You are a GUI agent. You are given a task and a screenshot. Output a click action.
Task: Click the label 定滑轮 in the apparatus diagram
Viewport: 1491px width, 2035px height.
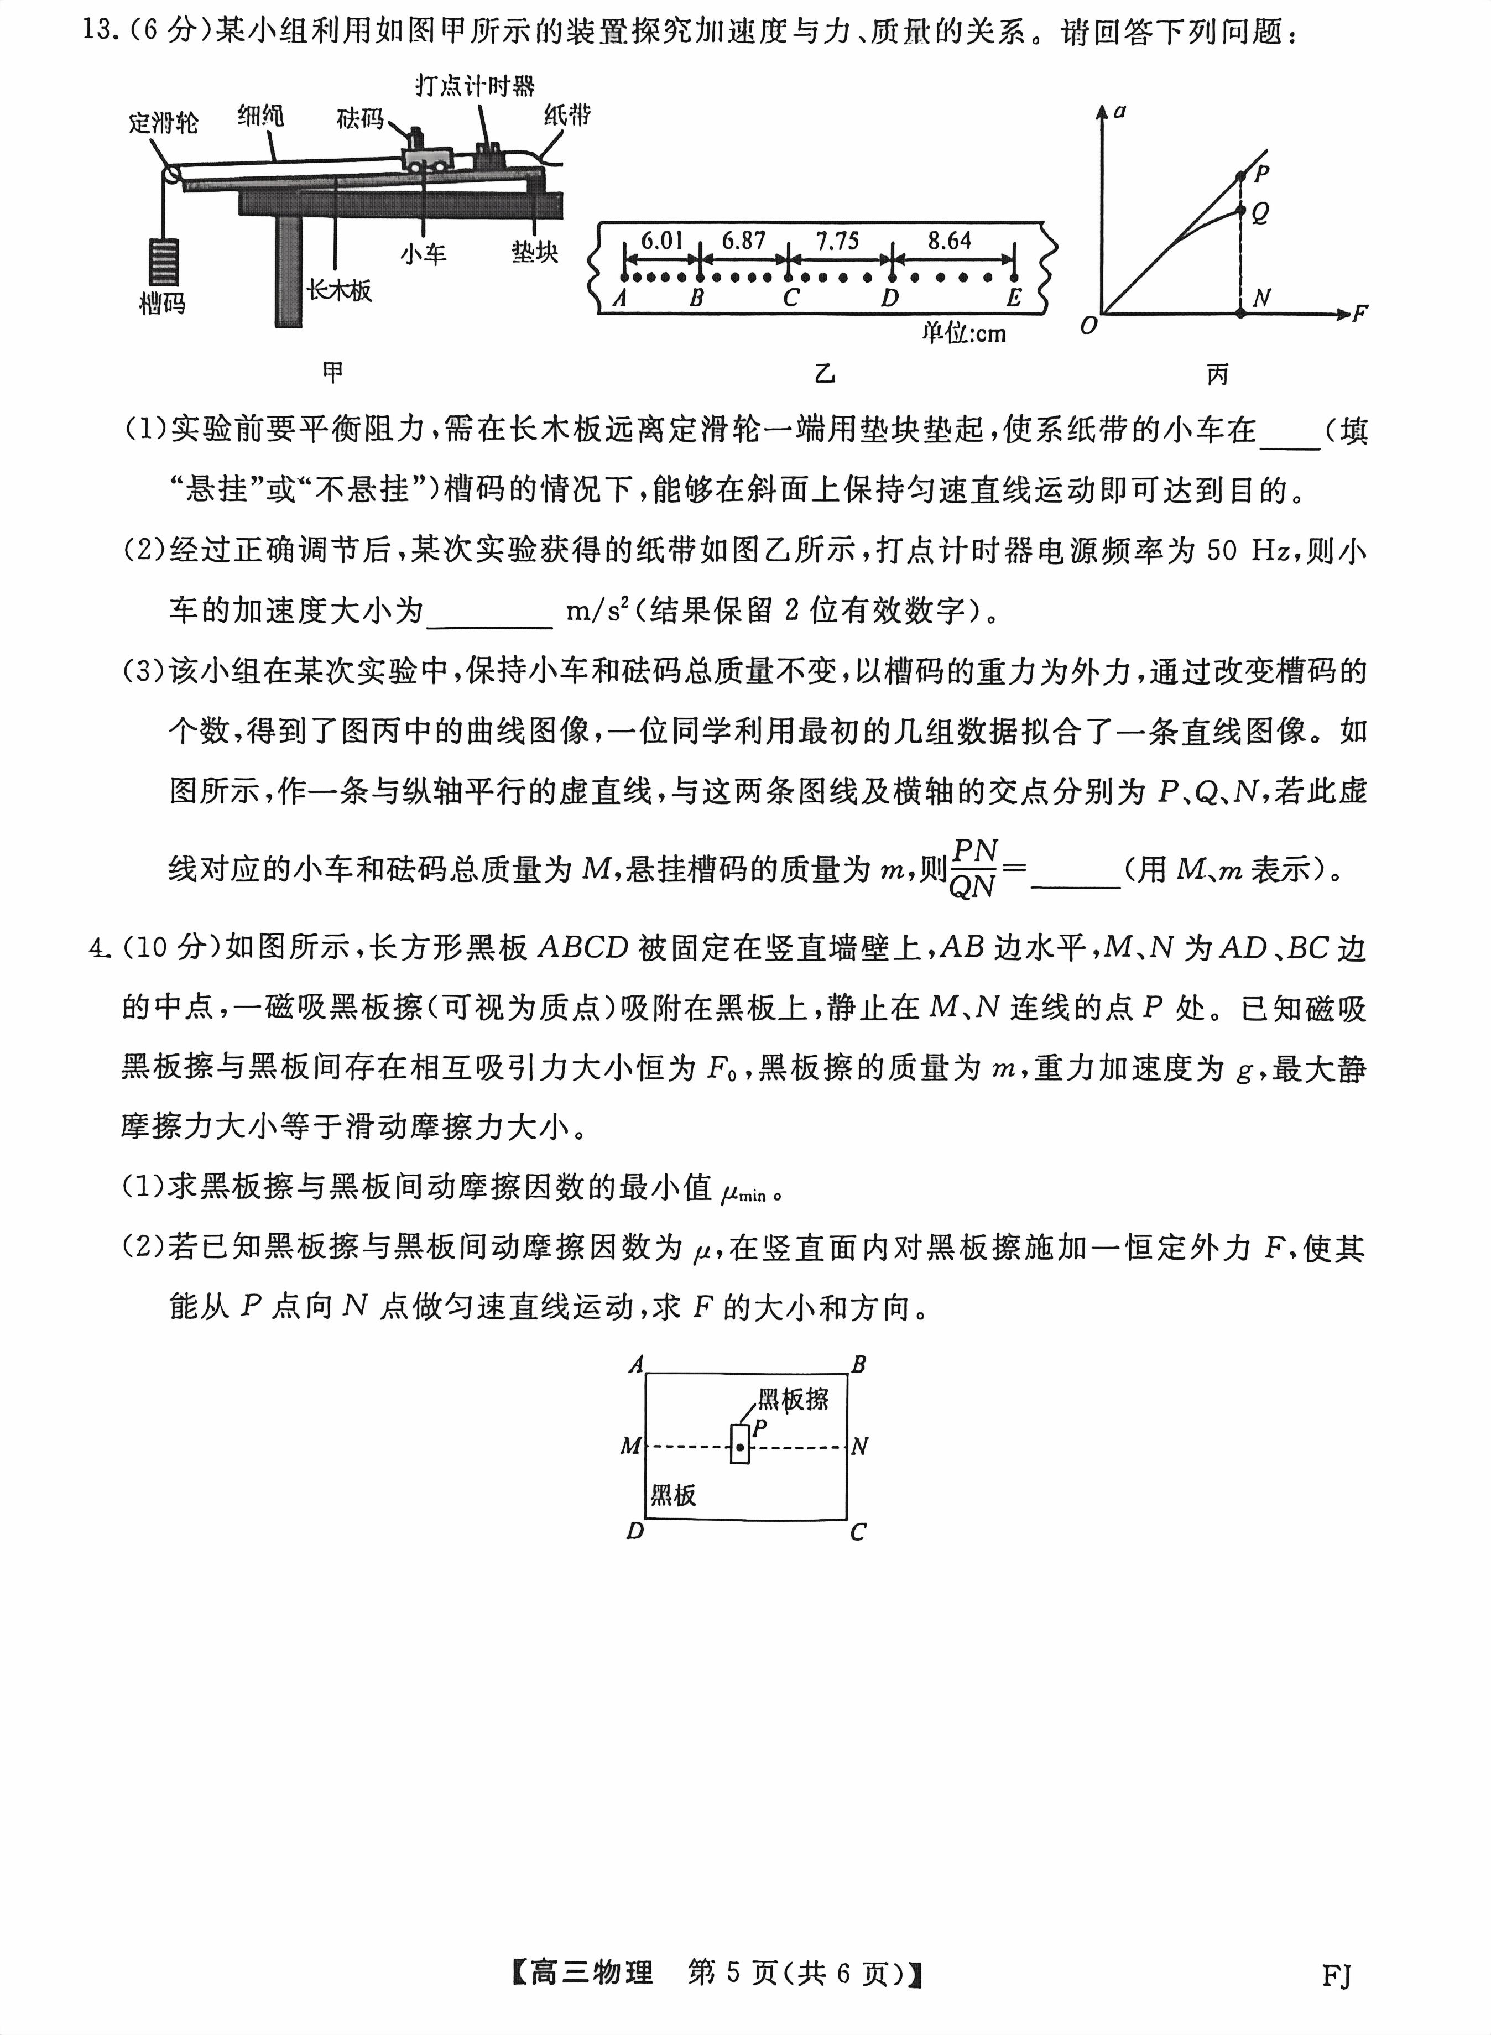point(163,122)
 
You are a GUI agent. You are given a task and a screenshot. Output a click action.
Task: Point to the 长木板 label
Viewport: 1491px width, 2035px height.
point(338,290)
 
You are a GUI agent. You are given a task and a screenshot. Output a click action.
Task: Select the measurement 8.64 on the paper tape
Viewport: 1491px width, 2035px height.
point(950,241)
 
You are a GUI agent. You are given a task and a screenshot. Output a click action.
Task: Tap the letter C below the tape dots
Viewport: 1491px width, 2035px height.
point(791,298)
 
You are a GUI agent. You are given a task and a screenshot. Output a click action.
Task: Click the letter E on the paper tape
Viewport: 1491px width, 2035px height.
point(1014,298)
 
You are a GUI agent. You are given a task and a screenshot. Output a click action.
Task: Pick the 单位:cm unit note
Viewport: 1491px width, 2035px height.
point(963,334)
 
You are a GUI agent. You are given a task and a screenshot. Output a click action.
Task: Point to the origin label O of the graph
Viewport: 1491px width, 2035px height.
point(1088,326)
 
